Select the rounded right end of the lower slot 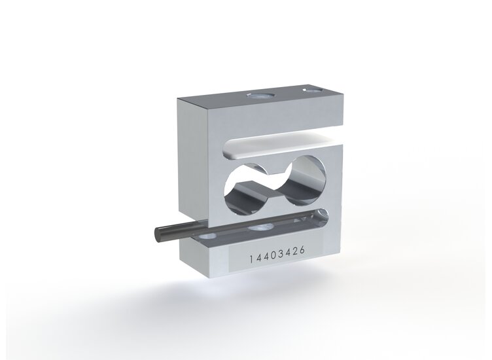coord(322,215)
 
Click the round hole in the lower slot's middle coord(262,226)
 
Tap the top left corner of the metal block coord(179,100)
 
